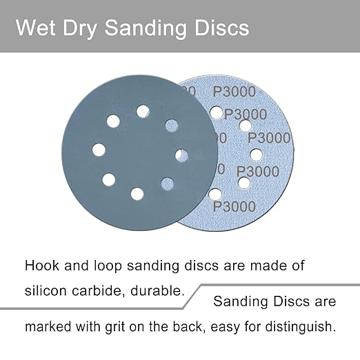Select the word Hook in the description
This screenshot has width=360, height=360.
coord(41,265)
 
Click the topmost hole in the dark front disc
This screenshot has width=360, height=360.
coord(143,110)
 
